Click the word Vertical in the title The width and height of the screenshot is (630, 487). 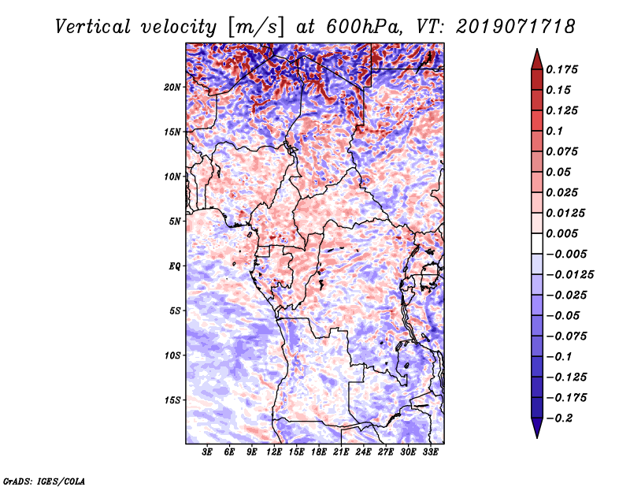tap(93, 27)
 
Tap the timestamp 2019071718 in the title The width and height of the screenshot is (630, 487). tap(516, 27)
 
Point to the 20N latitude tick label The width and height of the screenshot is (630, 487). tap(172, 87)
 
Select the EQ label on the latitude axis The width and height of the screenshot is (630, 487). tap(174, 266)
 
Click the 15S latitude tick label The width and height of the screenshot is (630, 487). tap(172, 400)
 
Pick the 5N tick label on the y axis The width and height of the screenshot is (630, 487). tap(175, 221)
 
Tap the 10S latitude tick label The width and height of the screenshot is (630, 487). tap(172, 355)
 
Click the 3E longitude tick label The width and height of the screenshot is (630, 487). tap(207, 452)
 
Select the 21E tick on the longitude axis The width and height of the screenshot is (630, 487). tap(341, 452)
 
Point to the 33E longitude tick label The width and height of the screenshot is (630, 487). tap(430, 452)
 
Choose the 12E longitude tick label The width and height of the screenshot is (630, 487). tap(273, 452)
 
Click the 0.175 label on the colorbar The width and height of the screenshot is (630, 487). tap(561, 69)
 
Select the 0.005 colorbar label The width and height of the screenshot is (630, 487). tap(561, 233)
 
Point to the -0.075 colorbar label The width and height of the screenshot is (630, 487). tap(566, 336)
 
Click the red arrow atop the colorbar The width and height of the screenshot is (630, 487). tap(537, 61)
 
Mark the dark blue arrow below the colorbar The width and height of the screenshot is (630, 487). tap(537, 427)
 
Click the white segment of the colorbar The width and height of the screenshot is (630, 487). tap(537, 243)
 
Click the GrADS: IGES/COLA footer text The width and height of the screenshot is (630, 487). tap(44, 481)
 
